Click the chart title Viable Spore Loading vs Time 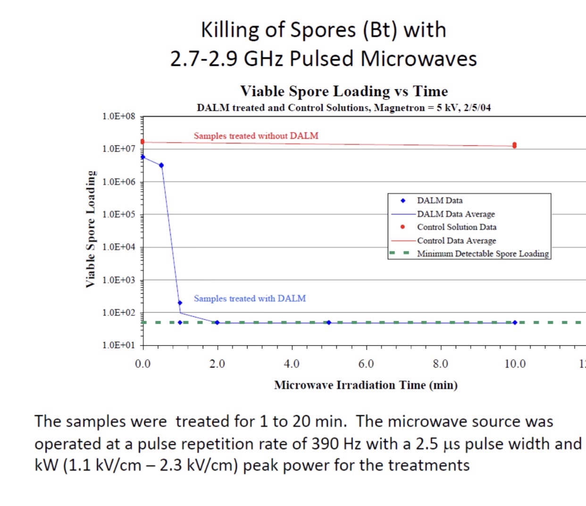point(344,91)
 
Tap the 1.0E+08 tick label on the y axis point(118,116)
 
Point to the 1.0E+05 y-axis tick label point(118,214)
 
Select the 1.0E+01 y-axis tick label point(118,345)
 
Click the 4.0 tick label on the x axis point(292,364)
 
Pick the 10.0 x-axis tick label point(515,364)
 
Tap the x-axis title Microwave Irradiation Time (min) point(366,385)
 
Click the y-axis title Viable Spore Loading point(90,229)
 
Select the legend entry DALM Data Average point(456,214)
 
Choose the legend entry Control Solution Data point(456,227)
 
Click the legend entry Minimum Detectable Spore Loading point(483,254)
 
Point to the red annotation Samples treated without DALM point(256,136)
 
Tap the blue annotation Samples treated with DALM point(250,299)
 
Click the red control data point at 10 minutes point(514,145)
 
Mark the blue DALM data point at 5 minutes point(329,323)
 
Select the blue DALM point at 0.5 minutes point(161,165)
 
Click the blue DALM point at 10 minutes point(515,323)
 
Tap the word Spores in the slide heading point(323,30)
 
